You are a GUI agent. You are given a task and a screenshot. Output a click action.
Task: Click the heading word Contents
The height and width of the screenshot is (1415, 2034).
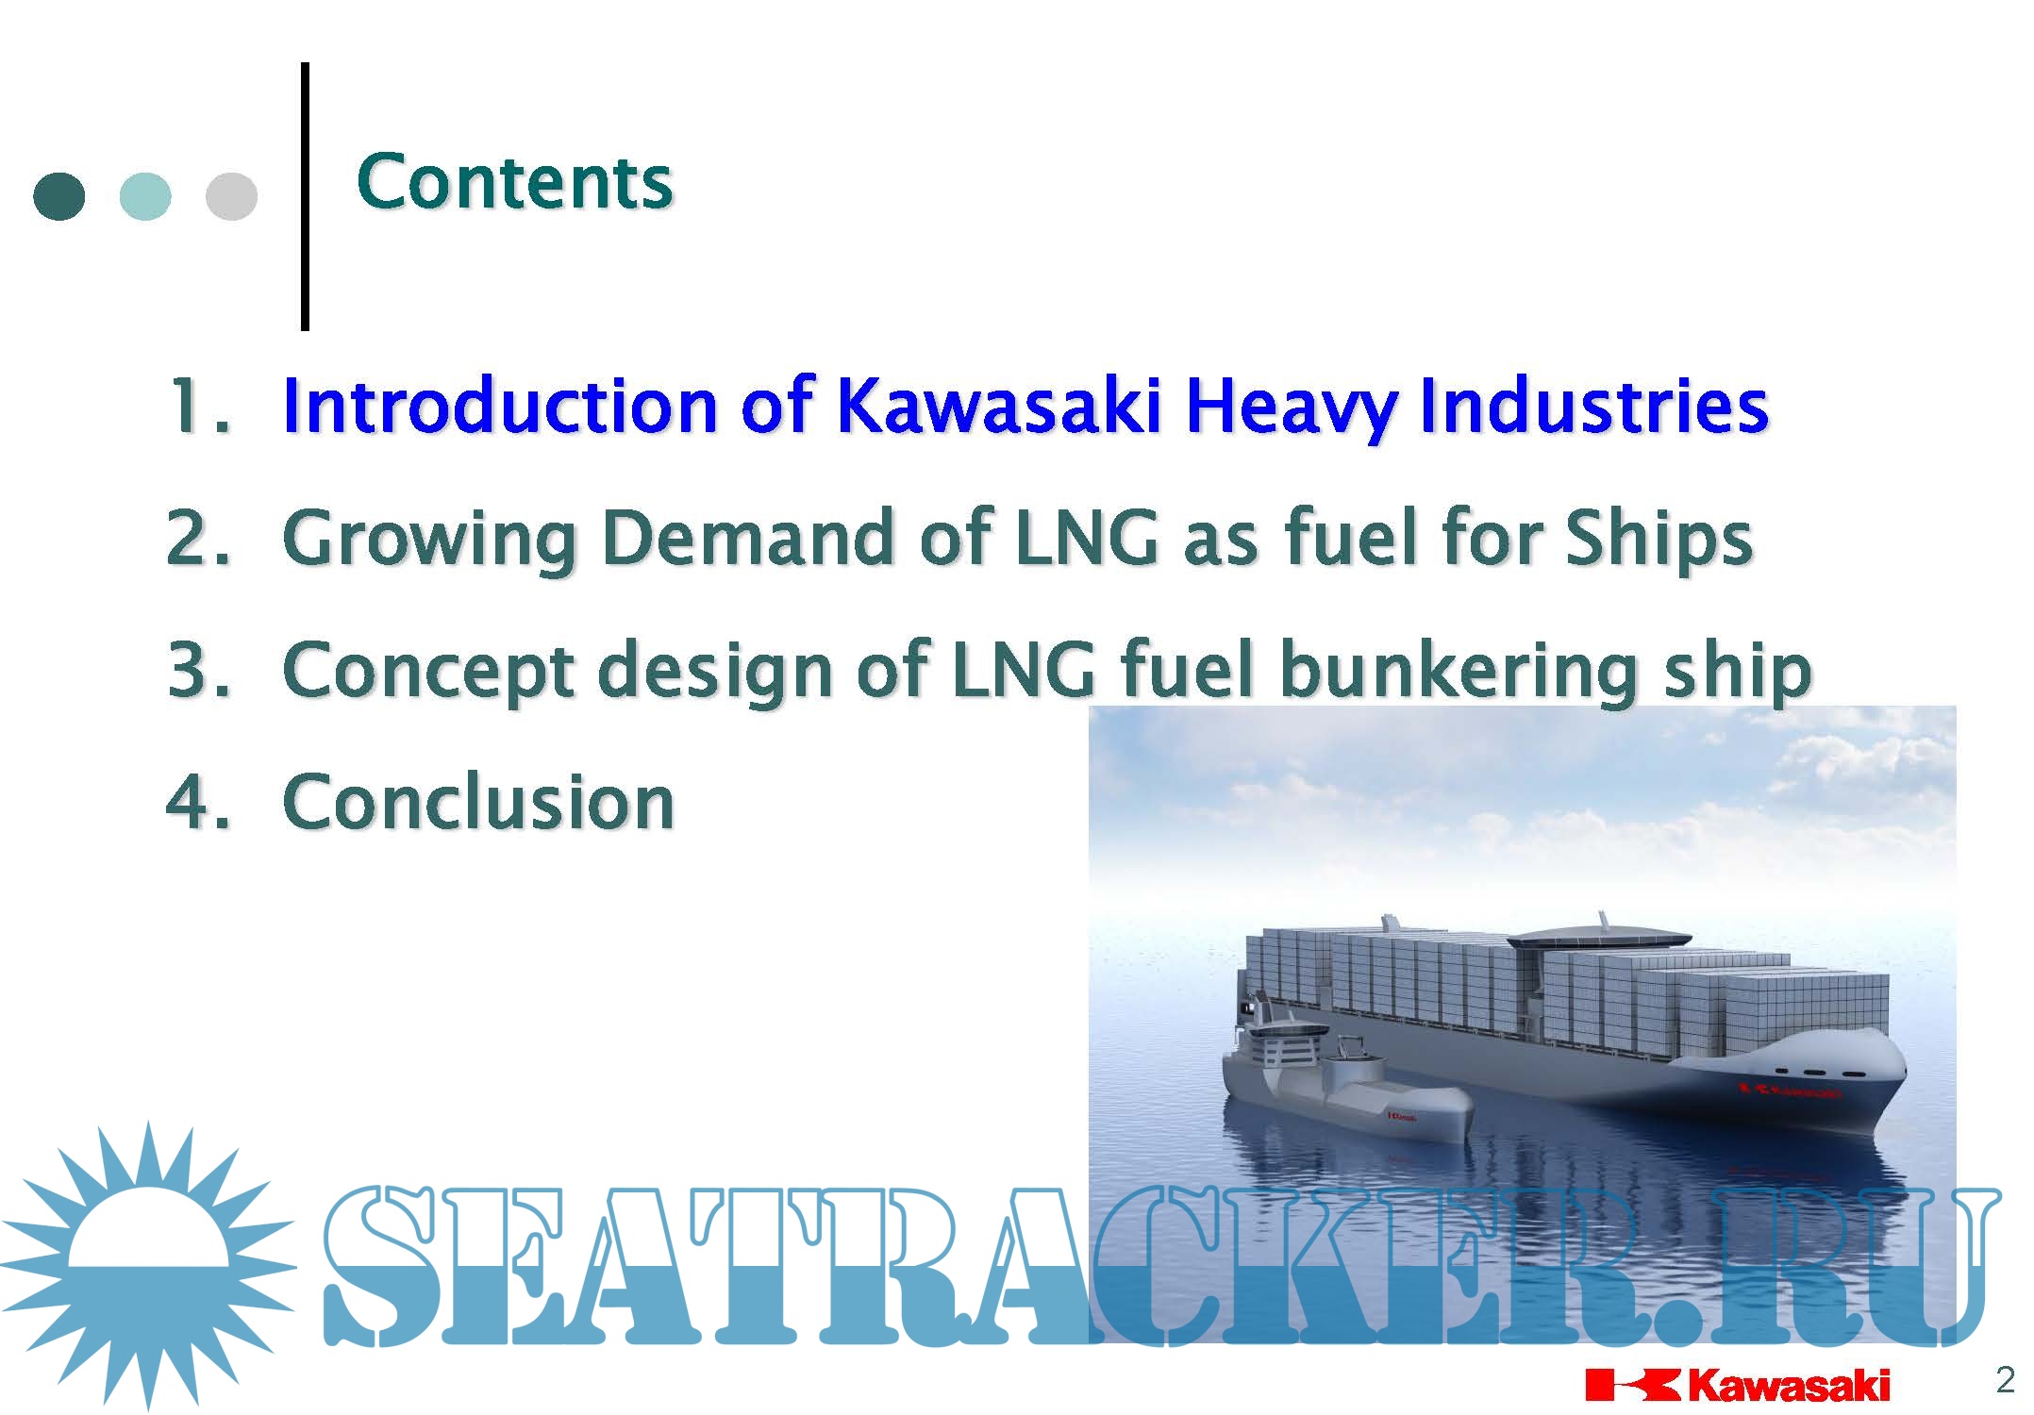point(515,181)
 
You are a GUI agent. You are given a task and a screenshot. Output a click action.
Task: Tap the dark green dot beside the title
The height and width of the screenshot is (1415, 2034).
point(59,196)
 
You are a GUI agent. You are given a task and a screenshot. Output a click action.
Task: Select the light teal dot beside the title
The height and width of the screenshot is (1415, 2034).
point(145,196)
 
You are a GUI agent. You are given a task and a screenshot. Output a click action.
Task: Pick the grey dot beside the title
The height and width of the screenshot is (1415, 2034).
point(231,196)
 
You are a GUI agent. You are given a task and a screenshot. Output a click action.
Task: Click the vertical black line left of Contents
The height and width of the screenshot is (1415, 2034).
point(305,196)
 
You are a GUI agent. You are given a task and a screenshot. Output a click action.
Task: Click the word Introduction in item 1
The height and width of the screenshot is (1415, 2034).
point(500,406)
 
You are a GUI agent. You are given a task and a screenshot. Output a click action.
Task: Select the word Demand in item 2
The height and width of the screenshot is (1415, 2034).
point(749,538)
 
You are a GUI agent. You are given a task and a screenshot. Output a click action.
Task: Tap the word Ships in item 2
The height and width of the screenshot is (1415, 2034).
point(1659,541)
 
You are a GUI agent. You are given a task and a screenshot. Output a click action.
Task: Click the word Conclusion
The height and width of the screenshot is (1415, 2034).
point(478,802)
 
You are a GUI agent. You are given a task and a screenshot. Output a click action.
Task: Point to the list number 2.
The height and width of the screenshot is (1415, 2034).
point(198,538)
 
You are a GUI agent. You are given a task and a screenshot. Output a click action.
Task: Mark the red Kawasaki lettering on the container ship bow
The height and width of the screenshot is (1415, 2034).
point(1790,1091)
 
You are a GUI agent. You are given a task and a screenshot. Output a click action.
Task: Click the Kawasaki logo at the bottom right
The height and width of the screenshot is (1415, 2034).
point(1738,1385)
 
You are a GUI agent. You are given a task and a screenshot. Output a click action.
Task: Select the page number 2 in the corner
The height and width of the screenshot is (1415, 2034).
point(2006,1380)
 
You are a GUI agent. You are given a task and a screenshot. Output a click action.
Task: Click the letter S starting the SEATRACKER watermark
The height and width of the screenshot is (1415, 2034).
point(376,1264)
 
